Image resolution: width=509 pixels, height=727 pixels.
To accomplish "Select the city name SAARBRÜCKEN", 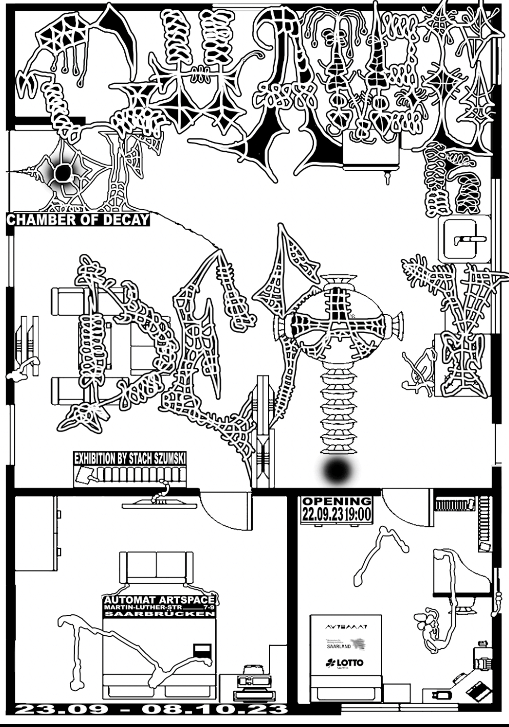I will click(x=159, y=613).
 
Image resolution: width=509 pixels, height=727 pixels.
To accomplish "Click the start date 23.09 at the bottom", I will click(x=61, y=710).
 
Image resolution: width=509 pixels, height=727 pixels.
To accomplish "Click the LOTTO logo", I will click(x=345, y=664).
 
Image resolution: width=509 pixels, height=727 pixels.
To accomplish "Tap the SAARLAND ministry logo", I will click(x=346, y=644).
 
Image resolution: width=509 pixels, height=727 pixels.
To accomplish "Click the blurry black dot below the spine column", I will click(x=338, y=471).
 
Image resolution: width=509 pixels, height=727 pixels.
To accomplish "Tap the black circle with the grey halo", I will click(x=62, y=174).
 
